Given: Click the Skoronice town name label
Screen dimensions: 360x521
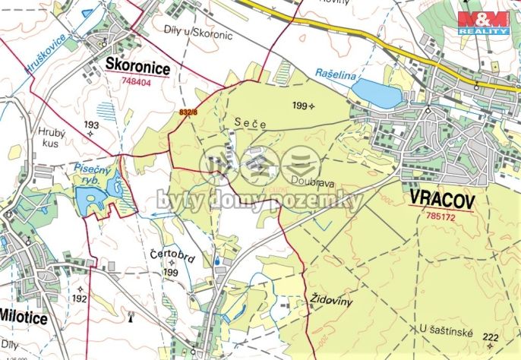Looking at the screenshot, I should [x=137, y=68].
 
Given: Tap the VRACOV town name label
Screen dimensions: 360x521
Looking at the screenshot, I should [x=441, y=200].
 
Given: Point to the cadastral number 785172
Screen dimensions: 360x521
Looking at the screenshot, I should [x=441, y=216].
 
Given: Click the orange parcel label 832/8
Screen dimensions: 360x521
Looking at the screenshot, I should [x=188, y=112].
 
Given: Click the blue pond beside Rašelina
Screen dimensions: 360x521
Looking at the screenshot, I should [x=377, y=93].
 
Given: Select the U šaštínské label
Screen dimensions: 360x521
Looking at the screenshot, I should [x=447, y=328].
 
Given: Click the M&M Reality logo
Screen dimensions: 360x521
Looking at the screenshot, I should [x=482, y=22].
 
